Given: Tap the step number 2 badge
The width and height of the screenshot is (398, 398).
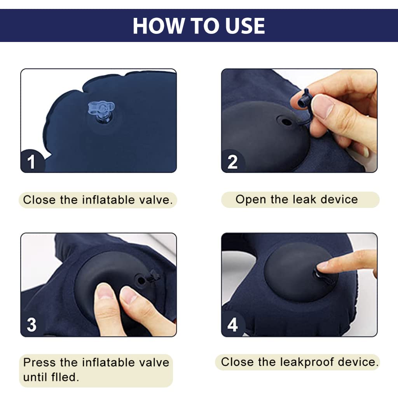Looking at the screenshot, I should coord(232,161).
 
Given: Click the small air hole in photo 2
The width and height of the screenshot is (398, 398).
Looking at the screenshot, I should coord(287,122).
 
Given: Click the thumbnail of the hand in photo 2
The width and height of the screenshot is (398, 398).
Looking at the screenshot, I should coord(323,106).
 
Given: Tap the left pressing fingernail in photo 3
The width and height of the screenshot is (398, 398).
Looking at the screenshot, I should coord(105,292).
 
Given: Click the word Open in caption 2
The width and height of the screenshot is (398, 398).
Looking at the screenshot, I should coord(251,200).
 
